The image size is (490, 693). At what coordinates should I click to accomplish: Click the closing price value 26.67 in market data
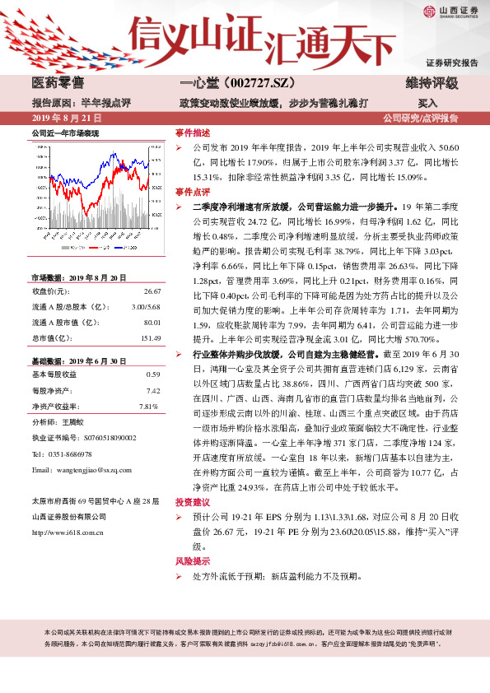(152, 291)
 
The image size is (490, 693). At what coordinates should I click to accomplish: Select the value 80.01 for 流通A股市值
(152, 323)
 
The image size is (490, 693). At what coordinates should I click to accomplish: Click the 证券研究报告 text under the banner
(451, 63)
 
